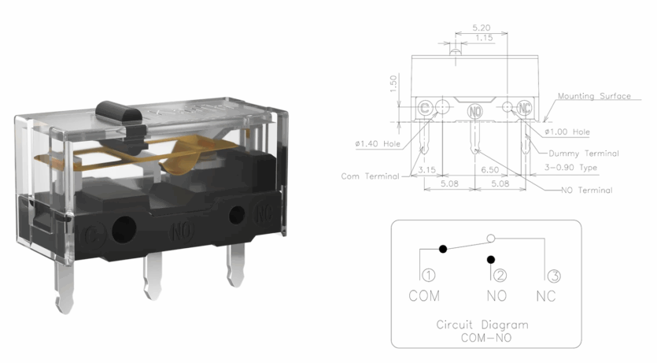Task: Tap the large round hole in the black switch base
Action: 124,229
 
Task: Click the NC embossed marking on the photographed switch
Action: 264,213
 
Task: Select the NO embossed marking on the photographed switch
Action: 182,231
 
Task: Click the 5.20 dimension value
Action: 482,28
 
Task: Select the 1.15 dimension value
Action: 484,38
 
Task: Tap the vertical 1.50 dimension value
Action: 393,83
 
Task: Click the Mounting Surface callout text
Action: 594,96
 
